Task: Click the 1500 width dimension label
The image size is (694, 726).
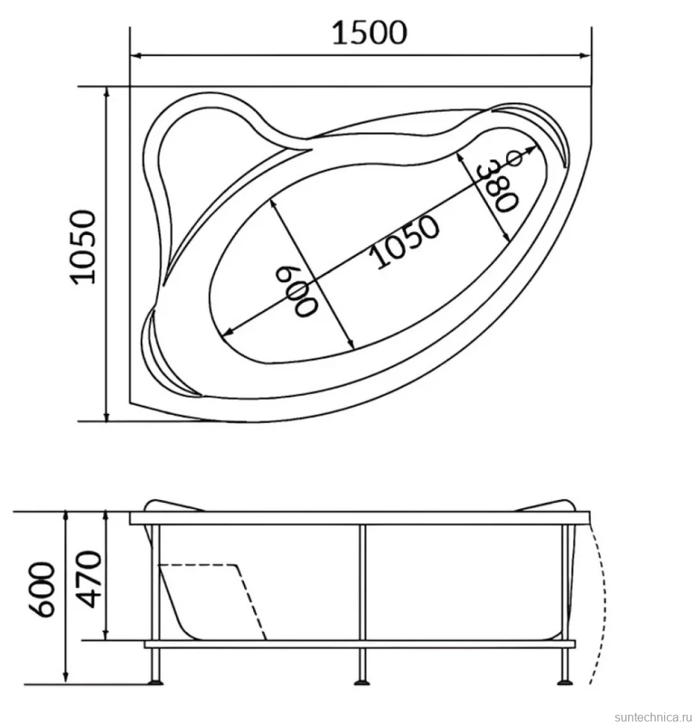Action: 370,33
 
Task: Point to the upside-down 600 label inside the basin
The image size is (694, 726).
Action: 297,290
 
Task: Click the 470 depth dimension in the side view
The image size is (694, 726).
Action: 88,579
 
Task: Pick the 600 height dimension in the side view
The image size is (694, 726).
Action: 44,590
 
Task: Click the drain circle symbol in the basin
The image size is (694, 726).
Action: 515,159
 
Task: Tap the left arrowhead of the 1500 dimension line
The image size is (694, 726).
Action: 136,56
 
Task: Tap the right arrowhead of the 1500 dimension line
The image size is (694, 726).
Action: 585,56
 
